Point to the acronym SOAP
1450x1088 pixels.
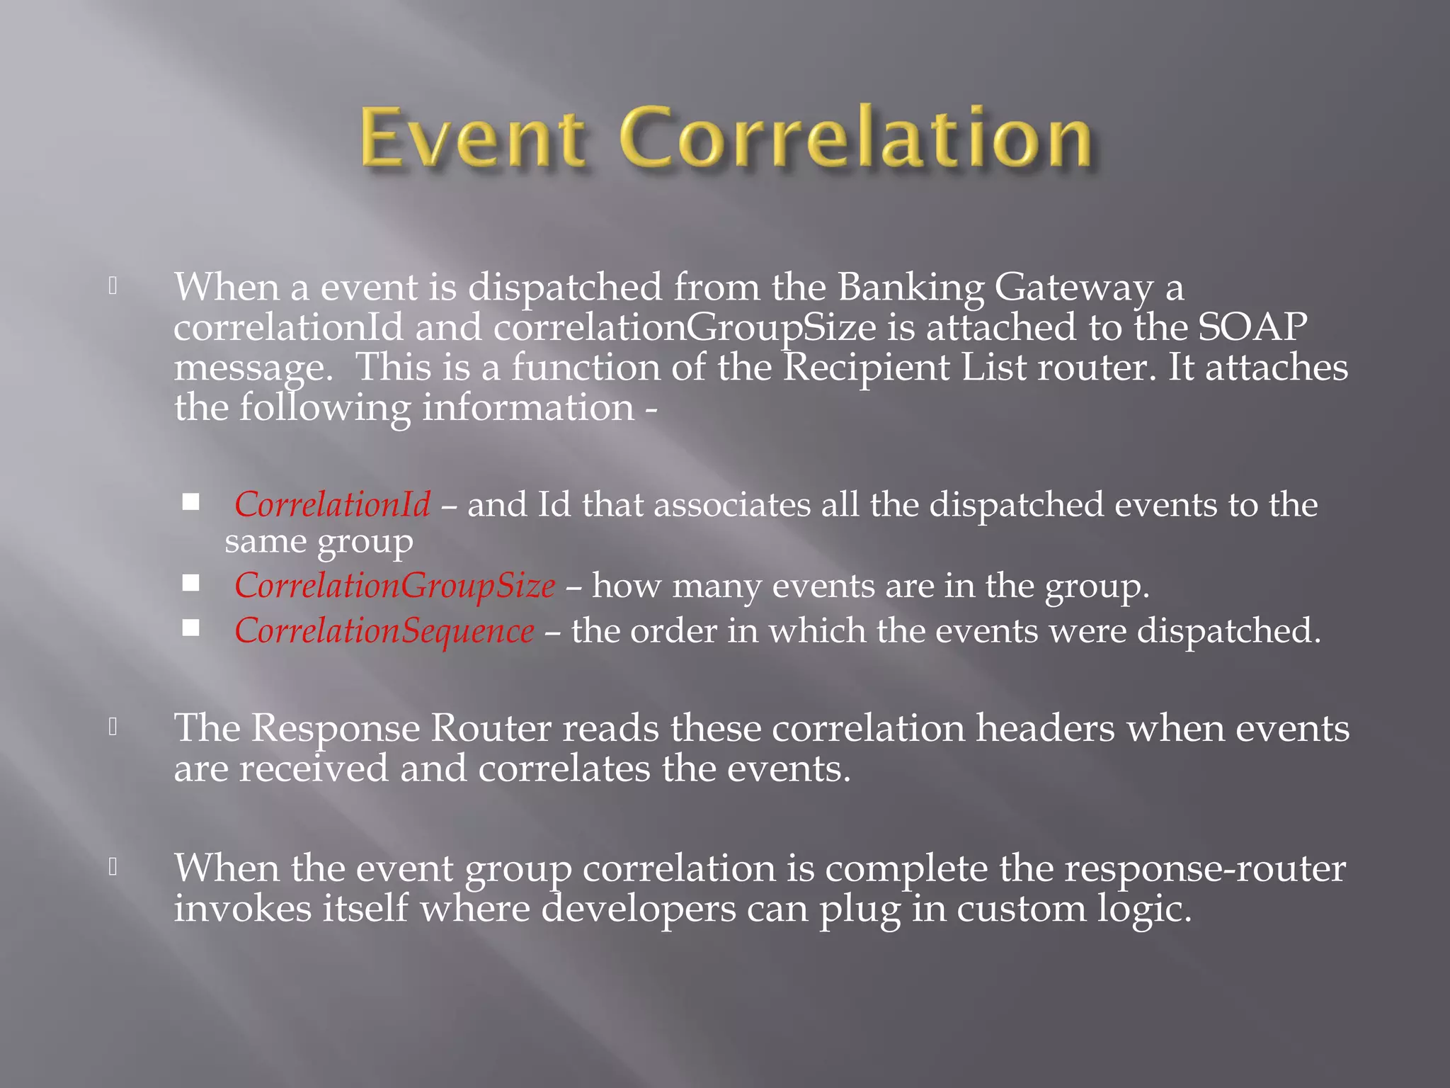point(1252,327)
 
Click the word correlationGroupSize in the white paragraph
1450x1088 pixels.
point(685,329)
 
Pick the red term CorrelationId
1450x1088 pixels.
point(332,504)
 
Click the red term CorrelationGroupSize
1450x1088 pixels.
point(394,586)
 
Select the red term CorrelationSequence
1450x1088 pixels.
point(384,630)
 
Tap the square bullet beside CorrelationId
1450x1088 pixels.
point(190,502)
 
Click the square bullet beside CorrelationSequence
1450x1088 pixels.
point(190,628)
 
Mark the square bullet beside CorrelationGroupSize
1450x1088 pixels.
point(190,583)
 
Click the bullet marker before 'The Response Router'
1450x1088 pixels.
point(113,727)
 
